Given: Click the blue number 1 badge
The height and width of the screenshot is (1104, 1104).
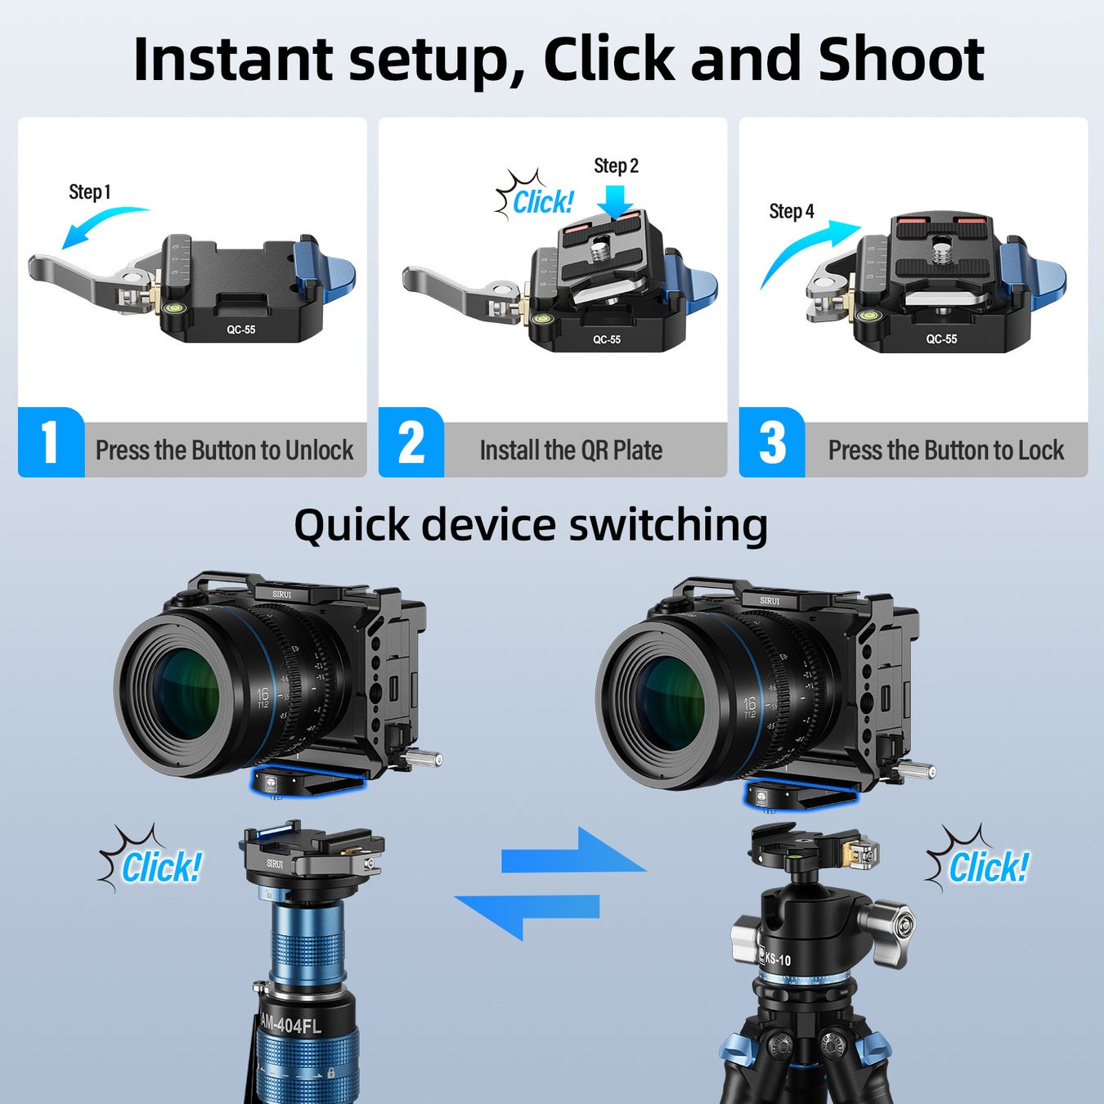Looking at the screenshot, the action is tap(51, 442).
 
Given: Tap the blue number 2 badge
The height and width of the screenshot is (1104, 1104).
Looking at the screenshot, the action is tap(411, 442).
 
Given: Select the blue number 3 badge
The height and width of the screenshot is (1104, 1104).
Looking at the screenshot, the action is tap(772, 442).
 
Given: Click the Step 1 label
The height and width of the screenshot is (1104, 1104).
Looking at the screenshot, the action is tap(89, 192).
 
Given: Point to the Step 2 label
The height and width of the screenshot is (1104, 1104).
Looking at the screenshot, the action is tap(616, 166).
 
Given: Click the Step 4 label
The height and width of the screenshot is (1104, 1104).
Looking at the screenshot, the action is tap(791, 212).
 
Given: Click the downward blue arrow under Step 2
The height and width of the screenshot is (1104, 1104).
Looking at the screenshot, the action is tap(614, 205).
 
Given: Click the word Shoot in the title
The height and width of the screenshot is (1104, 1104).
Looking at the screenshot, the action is tap(900, 59).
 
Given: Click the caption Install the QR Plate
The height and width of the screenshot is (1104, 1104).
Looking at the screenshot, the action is tap(571, 451).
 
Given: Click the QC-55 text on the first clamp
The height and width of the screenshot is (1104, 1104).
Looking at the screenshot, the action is tap(240, 330).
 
